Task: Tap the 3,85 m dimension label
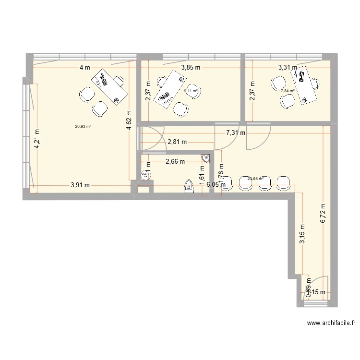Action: (191, 68)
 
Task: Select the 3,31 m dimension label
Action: (288, 68)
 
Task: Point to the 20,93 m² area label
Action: (83, 126)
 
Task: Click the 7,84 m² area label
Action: (288, 90)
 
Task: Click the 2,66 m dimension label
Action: (175, 162)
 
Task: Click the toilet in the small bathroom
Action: (189, 186)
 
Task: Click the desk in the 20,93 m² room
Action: (110, 86)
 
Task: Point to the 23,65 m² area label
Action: (255, 179)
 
